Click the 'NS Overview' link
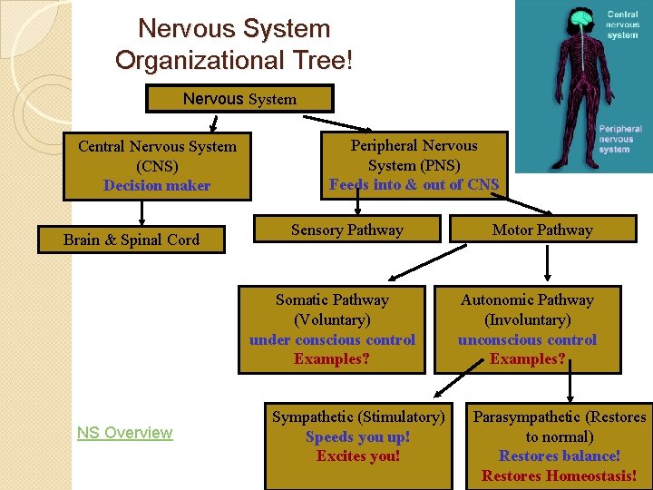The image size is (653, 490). (124, 433)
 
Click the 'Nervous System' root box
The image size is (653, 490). (239, 98)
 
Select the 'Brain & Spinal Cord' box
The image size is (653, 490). (131, 240)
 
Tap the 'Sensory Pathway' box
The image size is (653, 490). (346, 230)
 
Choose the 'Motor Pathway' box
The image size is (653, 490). (542, 230)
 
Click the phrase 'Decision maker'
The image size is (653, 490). (157, 185)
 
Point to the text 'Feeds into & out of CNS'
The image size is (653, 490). (414, 185)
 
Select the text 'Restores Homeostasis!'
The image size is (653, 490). (560, 475)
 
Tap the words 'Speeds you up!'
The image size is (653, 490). (357, 436)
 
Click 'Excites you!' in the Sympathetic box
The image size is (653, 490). (357, 456)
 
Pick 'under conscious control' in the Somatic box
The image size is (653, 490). (332, 339)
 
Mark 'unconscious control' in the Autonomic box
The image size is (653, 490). (527, 339)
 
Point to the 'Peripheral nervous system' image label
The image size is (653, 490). (620, 139)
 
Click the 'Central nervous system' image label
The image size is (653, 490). (623, 24)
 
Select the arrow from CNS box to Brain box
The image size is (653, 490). (141, 212)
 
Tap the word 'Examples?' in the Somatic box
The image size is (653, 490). (332, 359)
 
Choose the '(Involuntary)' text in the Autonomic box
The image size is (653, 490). (527, 319)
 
